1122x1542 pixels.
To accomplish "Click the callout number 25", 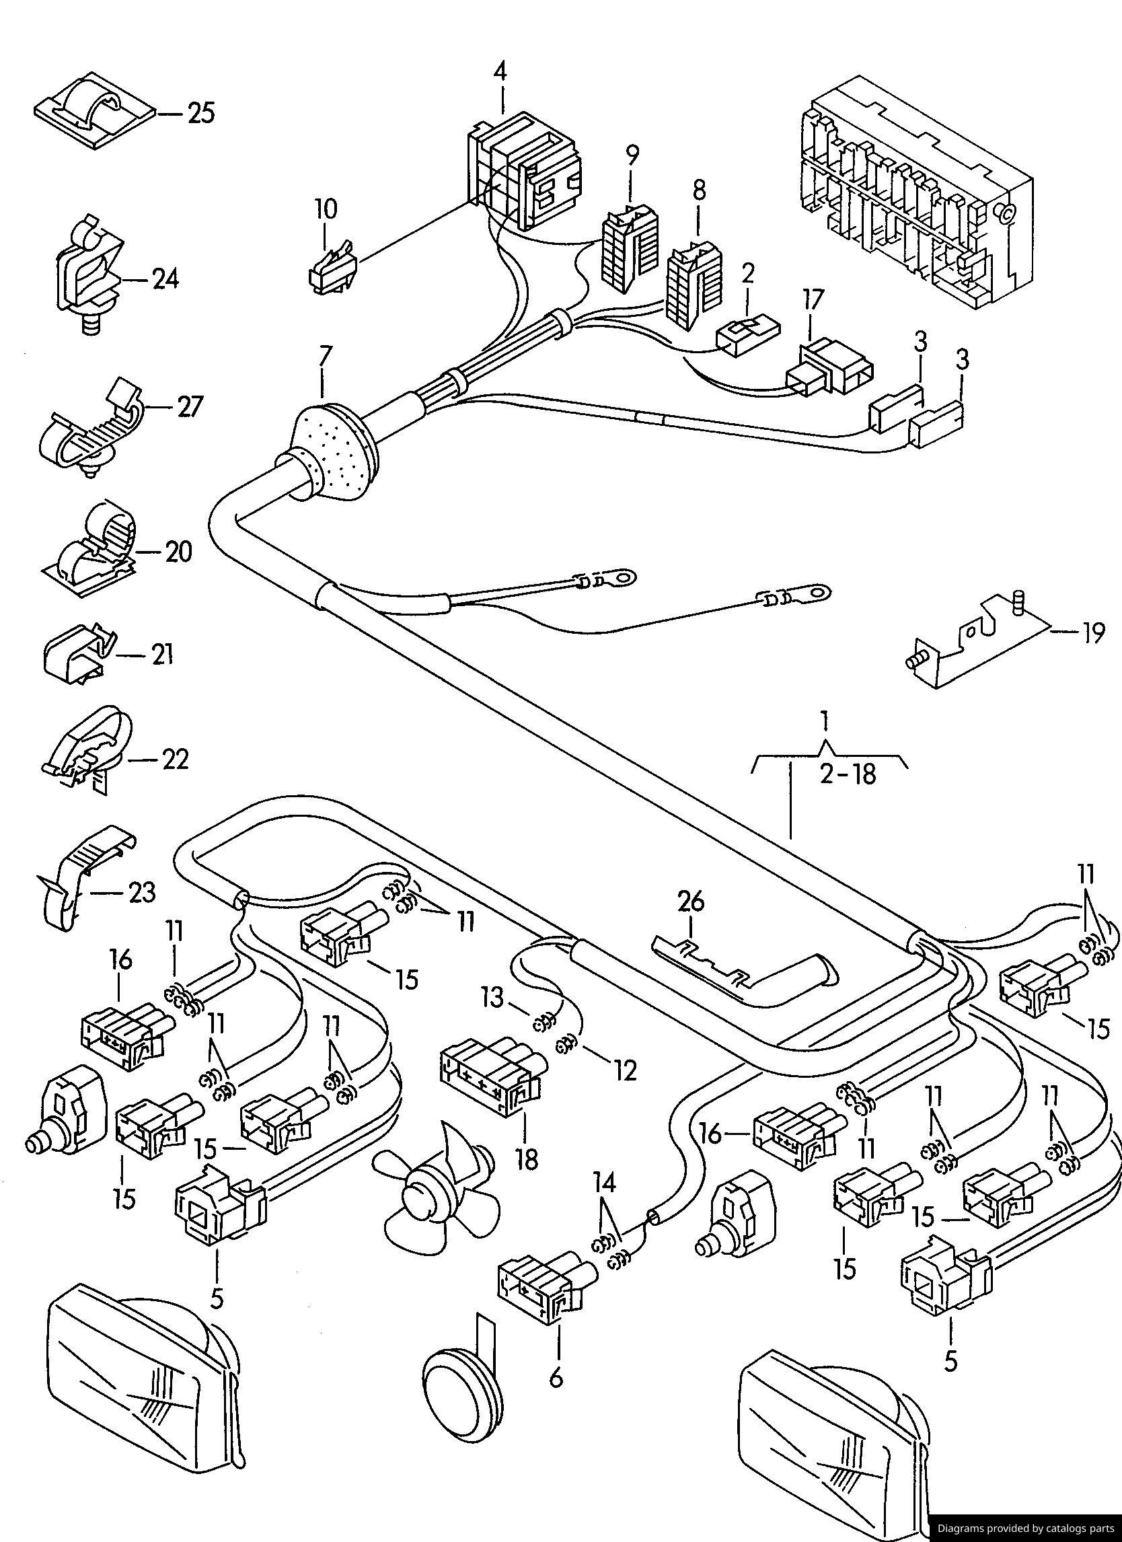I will click(x=200, y=113).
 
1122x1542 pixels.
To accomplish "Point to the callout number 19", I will click(x=1093, y=634).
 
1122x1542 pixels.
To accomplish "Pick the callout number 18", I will click(x=526, y=1160).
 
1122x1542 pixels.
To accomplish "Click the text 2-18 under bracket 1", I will click(x=847, y=775).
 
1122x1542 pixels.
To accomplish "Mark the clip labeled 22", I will click(x=85, y=753).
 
